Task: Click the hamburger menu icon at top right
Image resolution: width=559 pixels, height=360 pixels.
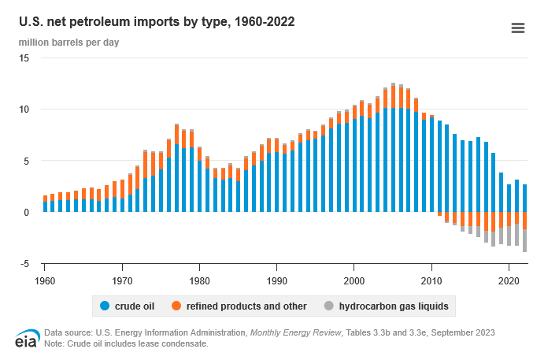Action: tap(517, 28)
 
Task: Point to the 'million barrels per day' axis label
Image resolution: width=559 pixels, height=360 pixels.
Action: tap(68, 42)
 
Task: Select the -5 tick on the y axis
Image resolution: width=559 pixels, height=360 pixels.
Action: tap(25, 263)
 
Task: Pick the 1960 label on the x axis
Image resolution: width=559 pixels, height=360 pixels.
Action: tap(45, 280)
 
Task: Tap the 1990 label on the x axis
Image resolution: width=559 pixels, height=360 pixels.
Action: tap(276, 280)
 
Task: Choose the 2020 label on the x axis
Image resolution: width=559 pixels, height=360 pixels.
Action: tap(509, 280)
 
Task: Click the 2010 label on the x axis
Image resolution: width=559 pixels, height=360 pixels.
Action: tap(431, 280)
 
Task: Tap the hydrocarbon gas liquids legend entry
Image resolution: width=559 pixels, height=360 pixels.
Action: tap(385, 305)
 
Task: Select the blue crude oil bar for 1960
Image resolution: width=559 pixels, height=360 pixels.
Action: tap(45, 206)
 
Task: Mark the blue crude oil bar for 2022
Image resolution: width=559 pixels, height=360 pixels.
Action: tap(524, 199)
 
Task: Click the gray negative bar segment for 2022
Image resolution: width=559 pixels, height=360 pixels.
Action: tap(524, 240)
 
